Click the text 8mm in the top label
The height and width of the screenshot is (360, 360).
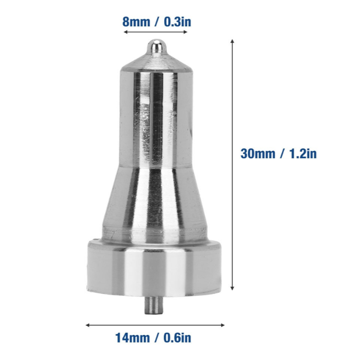(x=136, y=22)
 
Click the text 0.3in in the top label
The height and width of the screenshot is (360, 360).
(x=177, y=22)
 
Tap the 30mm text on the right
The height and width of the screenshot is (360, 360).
(x=258, y=153)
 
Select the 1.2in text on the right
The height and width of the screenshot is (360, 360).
(x=303, y=153)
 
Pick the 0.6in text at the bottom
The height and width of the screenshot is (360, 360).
(x=177, y=338)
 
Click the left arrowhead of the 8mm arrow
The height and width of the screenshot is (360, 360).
(x=125, y=32)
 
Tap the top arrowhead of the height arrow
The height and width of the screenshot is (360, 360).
(x=233, y=41)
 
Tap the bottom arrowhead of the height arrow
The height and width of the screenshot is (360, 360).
(x=233, y=288)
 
